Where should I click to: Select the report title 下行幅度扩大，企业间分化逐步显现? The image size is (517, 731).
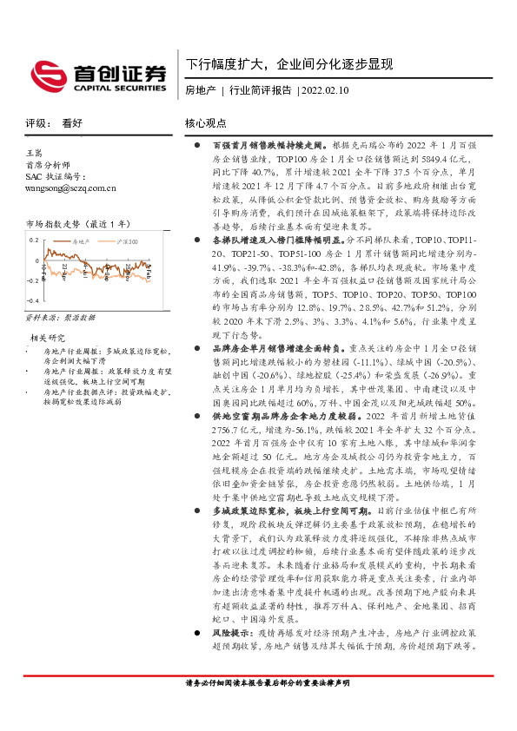(288, 65)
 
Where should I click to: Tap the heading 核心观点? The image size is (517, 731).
(206, 124)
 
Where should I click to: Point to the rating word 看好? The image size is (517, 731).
(72, 124)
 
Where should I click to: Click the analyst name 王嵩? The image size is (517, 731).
(36, 153)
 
